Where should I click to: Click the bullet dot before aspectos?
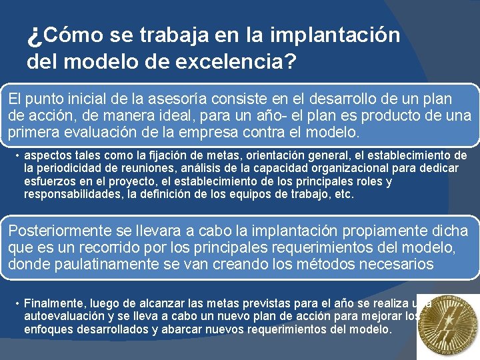click(x=16, y=155)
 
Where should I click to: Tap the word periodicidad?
click(x=72, y=168)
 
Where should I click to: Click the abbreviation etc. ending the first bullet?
click(x=343, y=194)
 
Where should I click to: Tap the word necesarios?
click(x=399, y=264)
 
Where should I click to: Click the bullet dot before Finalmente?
click(x=16, y=302)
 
